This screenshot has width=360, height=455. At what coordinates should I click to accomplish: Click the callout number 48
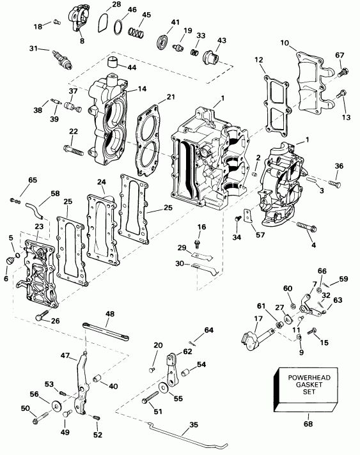(110, 314)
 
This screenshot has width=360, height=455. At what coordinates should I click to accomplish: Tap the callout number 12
(259, 59)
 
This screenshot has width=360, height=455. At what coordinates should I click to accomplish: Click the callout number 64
(208, 330)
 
